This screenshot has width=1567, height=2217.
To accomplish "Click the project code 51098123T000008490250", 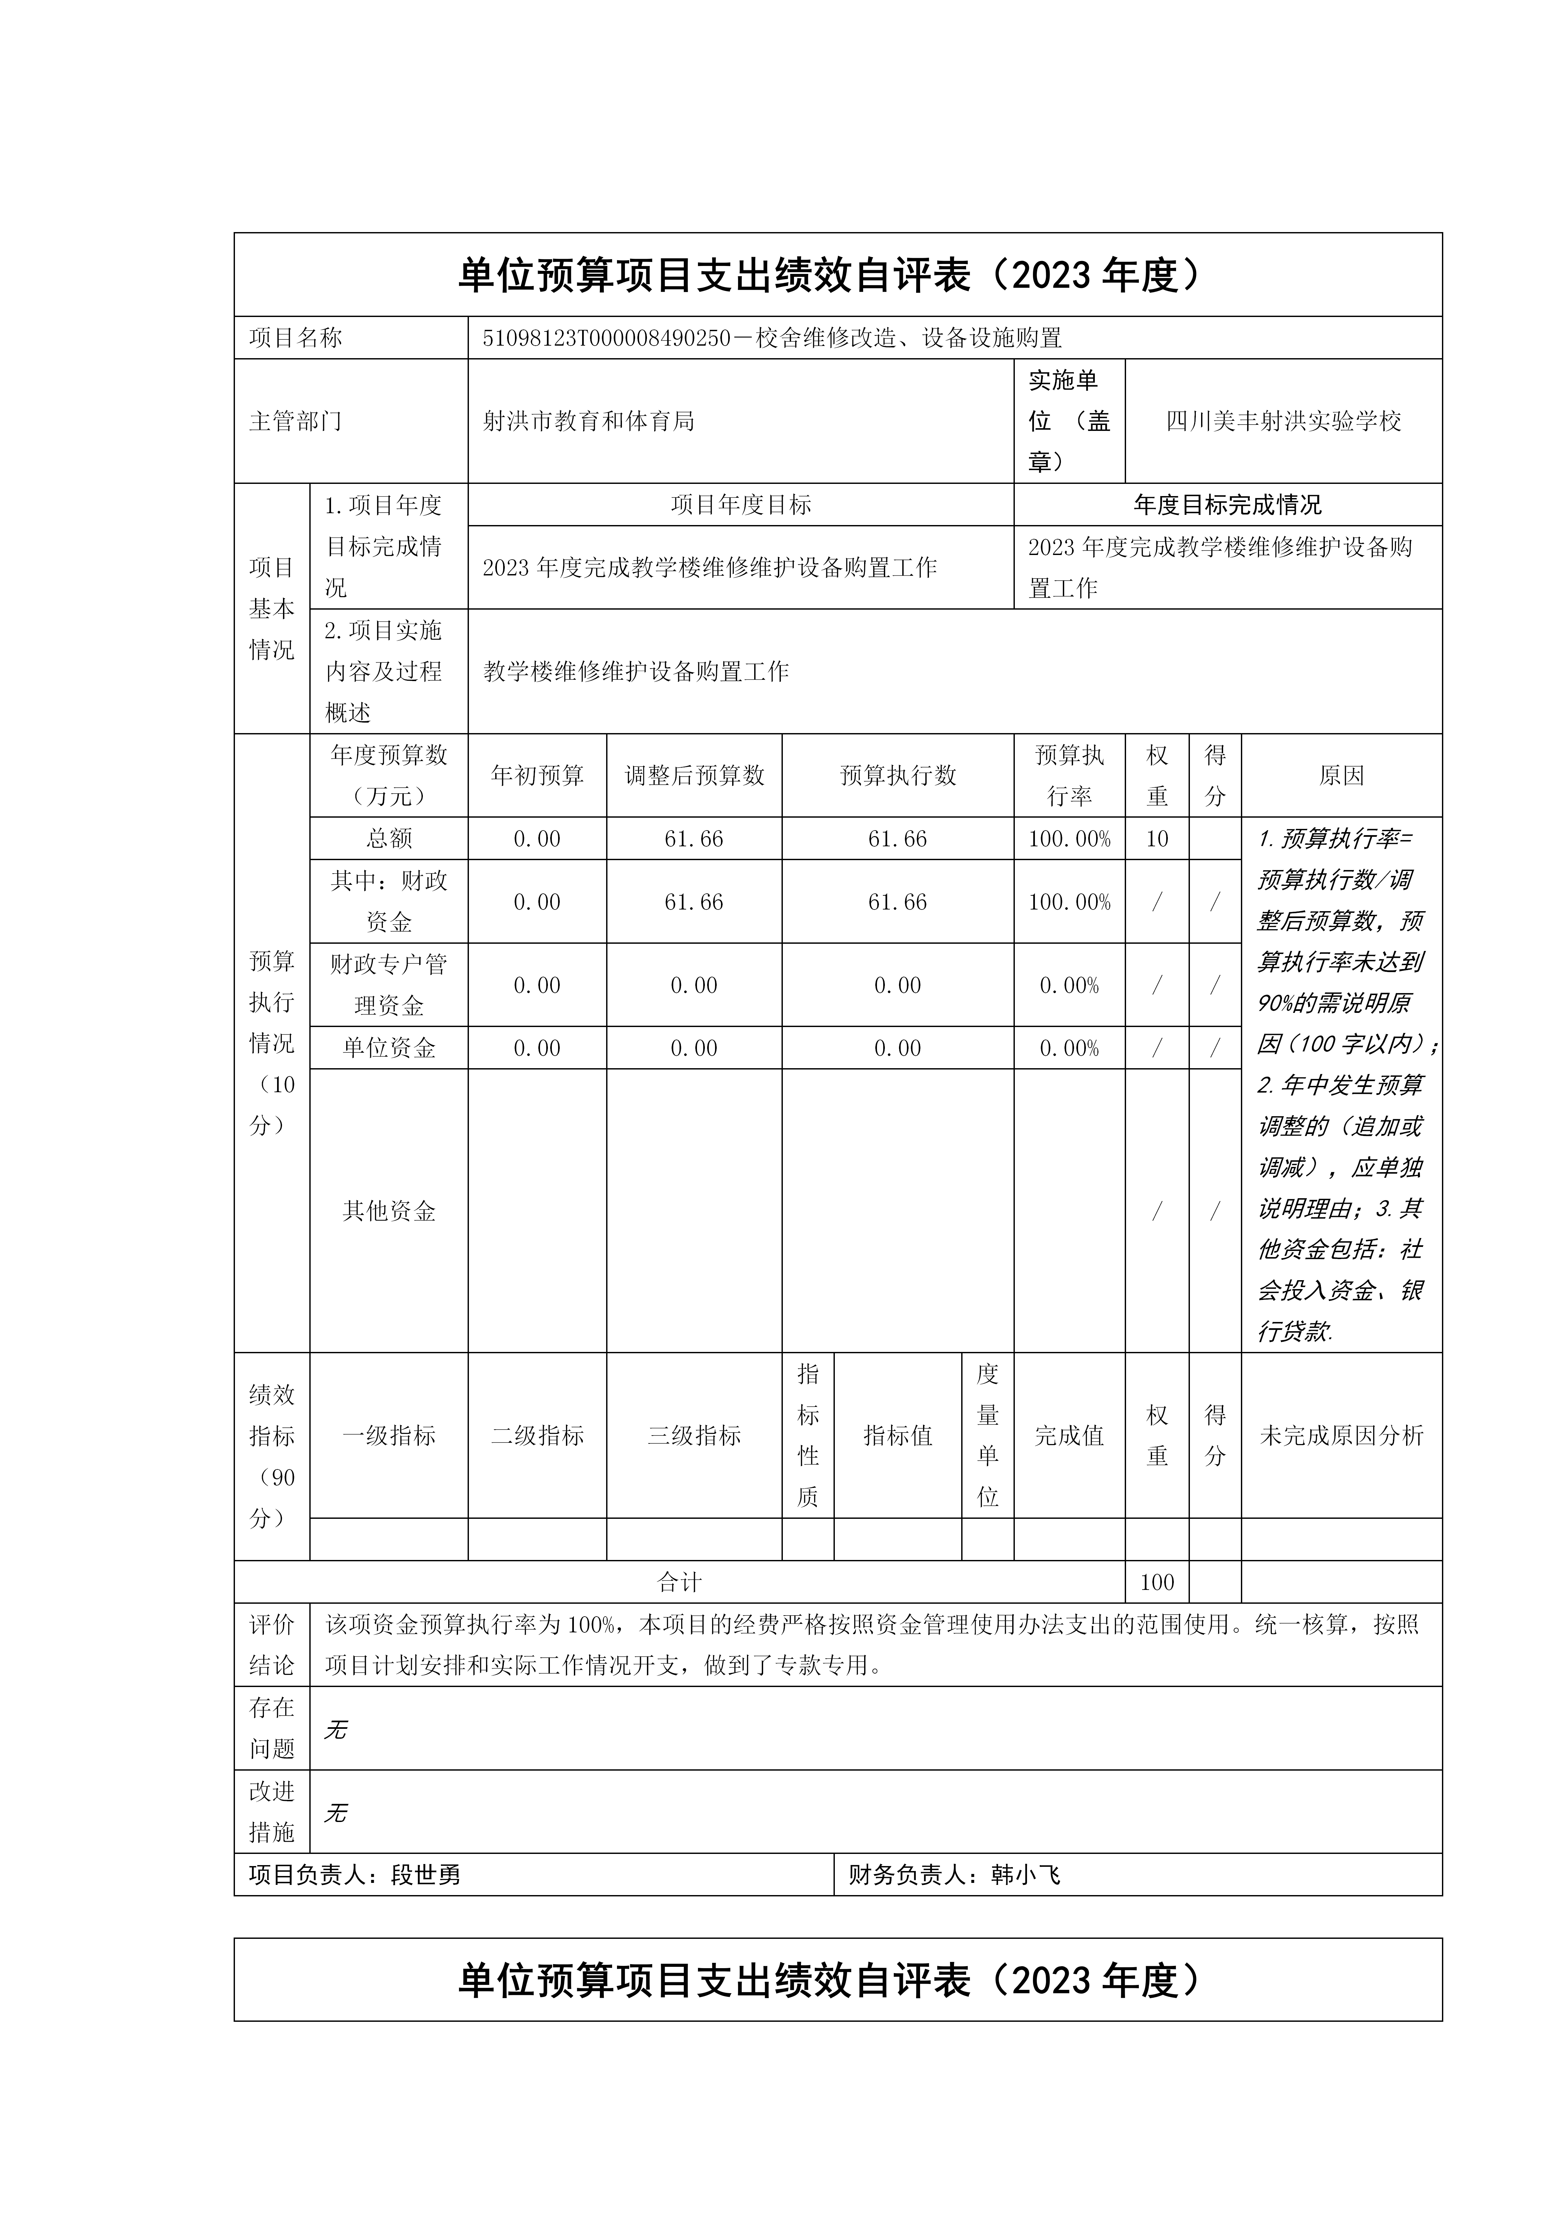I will click(606, 338).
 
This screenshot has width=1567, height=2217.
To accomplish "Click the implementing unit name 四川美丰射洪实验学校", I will click(1283, 421).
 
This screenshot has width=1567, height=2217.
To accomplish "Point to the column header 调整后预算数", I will click(694, 775).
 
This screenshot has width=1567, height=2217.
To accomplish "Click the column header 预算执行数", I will click(898, 775).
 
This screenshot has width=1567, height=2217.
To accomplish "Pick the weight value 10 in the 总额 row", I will click(1157, 838).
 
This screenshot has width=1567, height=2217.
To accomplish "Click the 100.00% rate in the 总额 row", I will click(1069, 838).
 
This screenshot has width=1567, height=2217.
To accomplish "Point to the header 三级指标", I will click(694, 1436).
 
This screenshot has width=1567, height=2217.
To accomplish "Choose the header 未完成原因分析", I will click(1341, 1436).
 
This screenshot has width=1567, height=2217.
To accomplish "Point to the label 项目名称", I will click(295, 338).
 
